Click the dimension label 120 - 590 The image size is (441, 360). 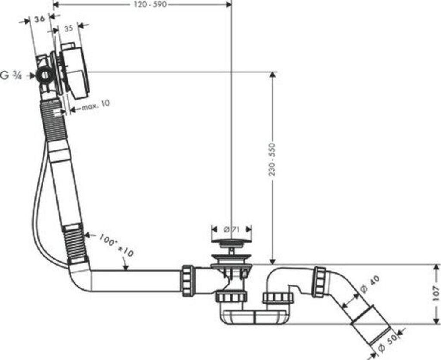tap(149, 4)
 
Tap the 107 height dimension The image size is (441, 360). tap(436, 294)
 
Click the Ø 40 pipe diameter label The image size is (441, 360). tap(369, 284)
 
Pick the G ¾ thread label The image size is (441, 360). tap(11, 76)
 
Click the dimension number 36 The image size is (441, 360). tap(40, 19)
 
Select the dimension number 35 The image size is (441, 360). tap(68, 29)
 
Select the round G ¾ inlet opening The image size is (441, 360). tap(43, 76)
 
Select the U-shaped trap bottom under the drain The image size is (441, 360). tap(254, 318)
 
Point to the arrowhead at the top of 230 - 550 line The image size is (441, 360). tap(272, 75)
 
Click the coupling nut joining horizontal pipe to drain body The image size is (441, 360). tap(188, 281)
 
